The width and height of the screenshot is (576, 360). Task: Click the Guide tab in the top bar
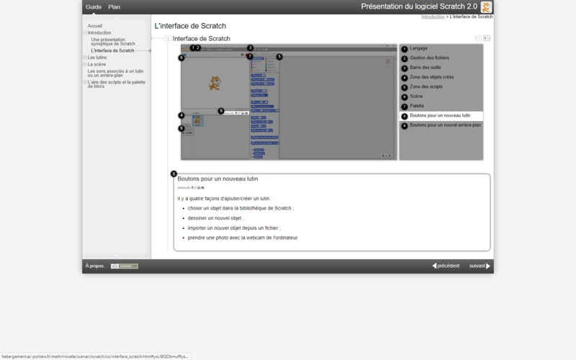94,6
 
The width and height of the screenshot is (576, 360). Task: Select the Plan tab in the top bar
114,6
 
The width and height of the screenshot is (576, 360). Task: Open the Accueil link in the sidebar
95,26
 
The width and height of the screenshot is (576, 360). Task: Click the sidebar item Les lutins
96,58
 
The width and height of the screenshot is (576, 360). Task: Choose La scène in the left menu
96,64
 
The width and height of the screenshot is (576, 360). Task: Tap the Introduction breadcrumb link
433,16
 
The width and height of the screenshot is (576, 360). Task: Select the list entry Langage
418,49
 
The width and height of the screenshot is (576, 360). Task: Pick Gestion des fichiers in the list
429,58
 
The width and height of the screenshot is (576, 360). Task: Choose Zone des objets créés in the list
432,77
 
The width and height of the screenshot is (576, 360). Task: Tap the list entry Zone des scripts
426,86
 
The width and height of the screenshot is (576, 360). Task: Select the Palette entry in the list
417,106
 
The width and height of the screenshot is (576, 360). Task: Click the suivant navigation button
480,266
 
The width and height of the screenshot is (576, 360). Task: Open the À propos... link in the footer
96,266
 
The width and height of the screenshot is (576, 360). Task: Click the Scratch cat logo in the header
487,6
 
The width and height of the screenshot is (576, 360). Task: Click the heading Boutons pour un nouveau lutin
217,179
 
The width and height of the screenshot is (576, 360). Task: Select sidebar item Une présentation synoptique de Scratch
112,42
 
